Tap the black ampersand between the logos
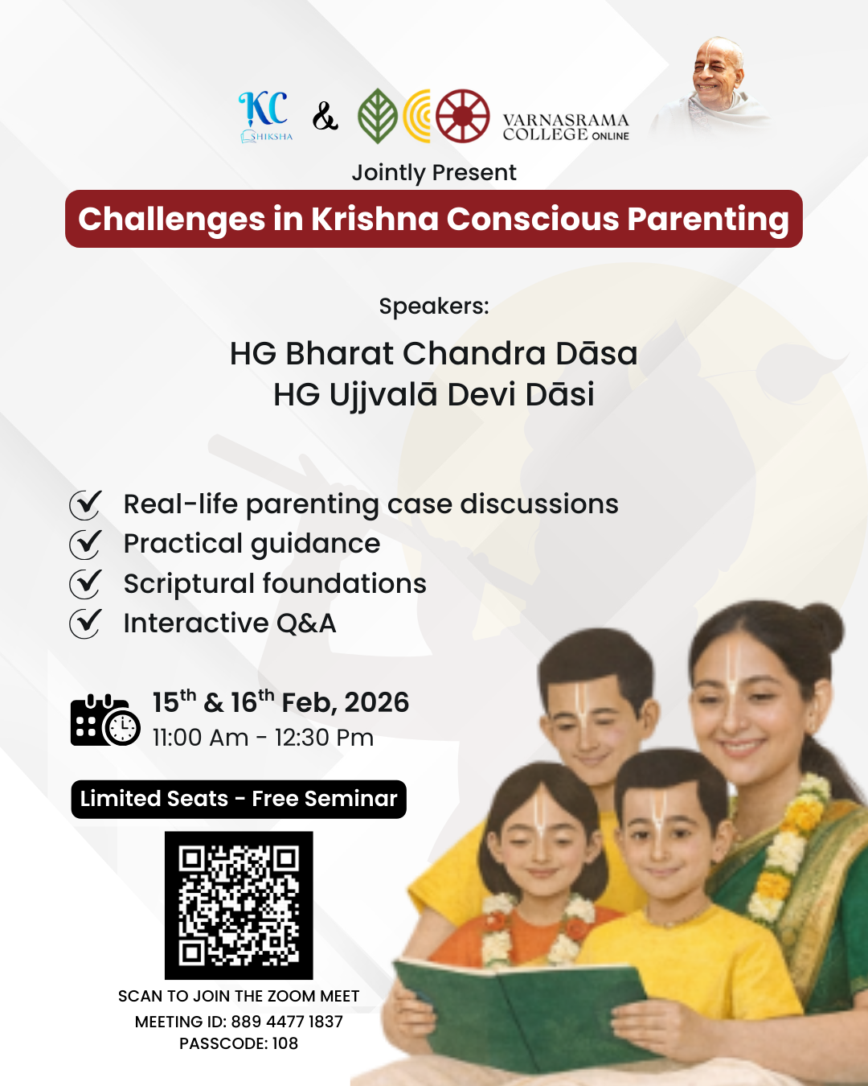(325, 117)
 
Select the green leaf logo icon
(377, 116)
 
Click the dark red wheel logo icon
(462, 116)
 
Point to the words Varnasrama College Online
(565, 127)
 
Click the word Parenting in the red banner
(708, 220)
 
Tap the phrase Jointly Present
(434, 173)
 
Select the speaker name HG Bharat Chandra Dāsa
(434, 353)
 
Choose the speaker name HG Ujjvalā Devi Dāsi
(434, 394)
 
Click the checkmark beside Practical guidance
(86, 545)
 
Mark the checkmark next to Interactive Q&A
(86, 623)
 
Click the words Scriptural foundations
(275, 584)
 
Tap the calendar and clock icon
(105, 720)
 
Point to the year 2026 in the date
(376, 702)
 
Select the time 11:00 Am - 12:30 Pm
(263, 738)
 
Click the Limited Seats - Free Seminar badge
(239, 799)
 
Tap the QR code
(239, 905)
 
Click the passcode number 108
(285, 1043)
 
